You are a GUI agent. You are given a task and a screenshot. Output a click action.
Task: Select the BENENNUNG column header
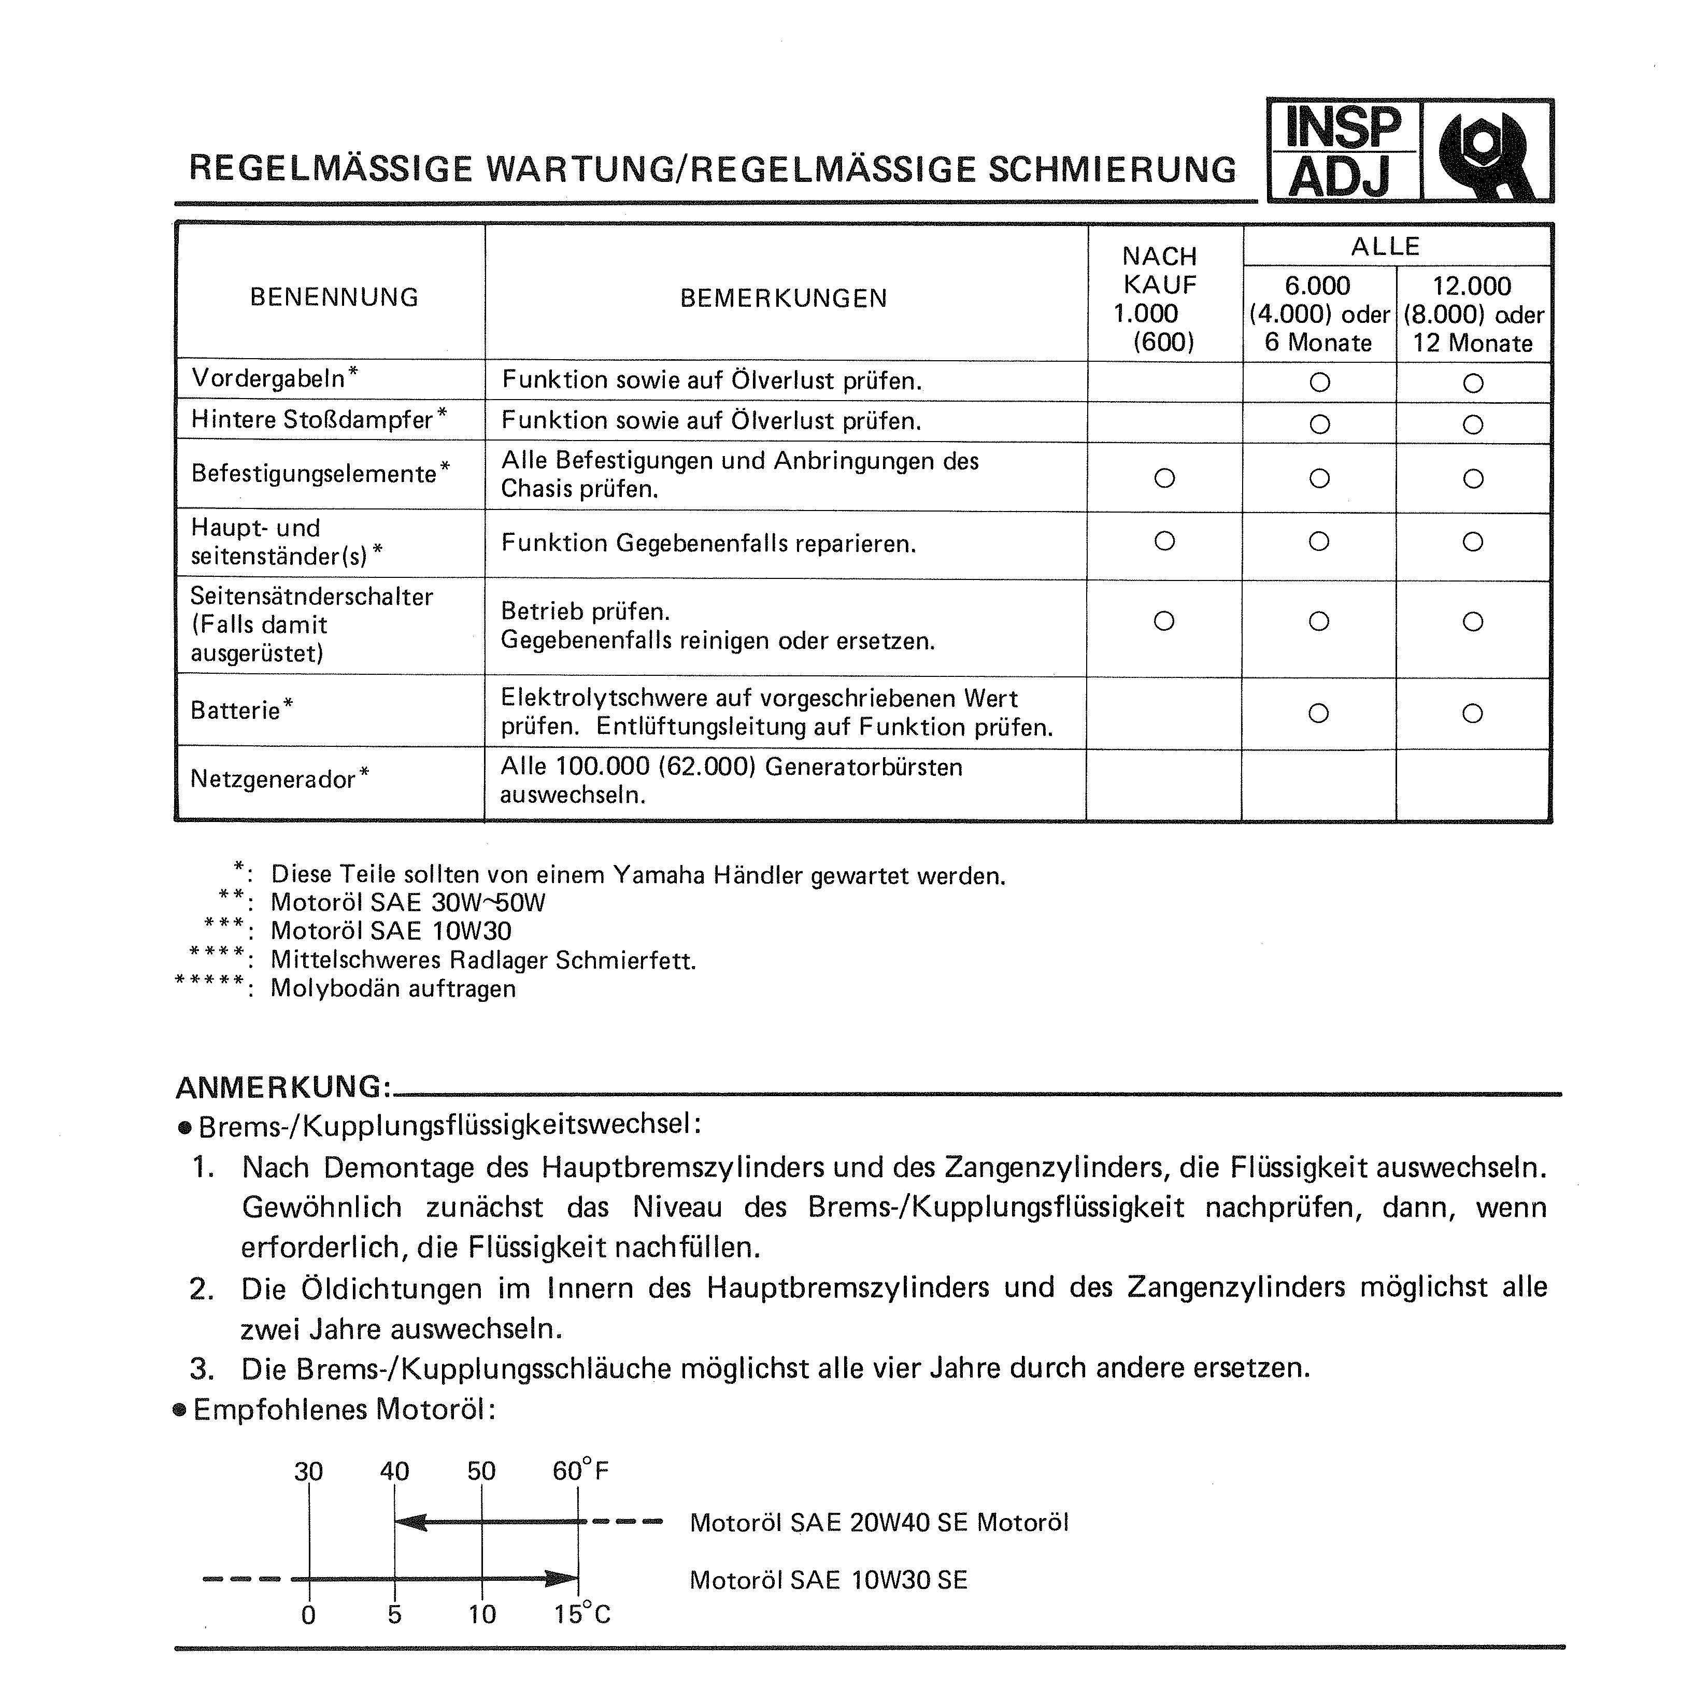pyautogui.click(x=334, y=297)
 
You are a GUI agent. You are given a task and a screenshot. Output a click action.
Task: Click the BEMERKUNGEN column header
pyautogui.click(x=784, y=298)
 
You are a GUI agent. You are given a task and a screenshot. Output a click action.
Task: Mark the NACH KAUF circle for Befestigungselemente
pyautogui.click(x=1164, y=478)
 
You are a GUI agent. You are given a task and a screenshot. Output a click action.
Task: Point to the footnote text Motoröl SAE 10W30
pyautogui.click(x=391, y=931)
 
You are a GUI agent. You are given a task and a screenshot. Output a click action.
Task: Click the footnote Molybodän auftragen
pyautogui.click(x=392, y=988)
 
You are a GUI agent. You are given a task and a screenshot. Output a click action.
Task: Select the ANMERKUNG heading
pyautogui.click(x=283, y=1086)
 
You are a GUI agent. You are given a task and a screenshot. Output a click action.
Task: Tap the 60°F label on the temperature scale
pyautogui.click(x=580, y=1471)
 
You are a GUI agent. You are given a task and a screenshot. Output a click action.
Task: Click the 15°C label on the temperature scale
pyautogui.click(x=582, y=1614)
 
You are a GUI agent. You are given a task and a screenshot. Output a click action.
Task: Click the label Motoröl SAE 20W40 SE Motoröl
pyautogui.click(x=879, y=1522)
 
